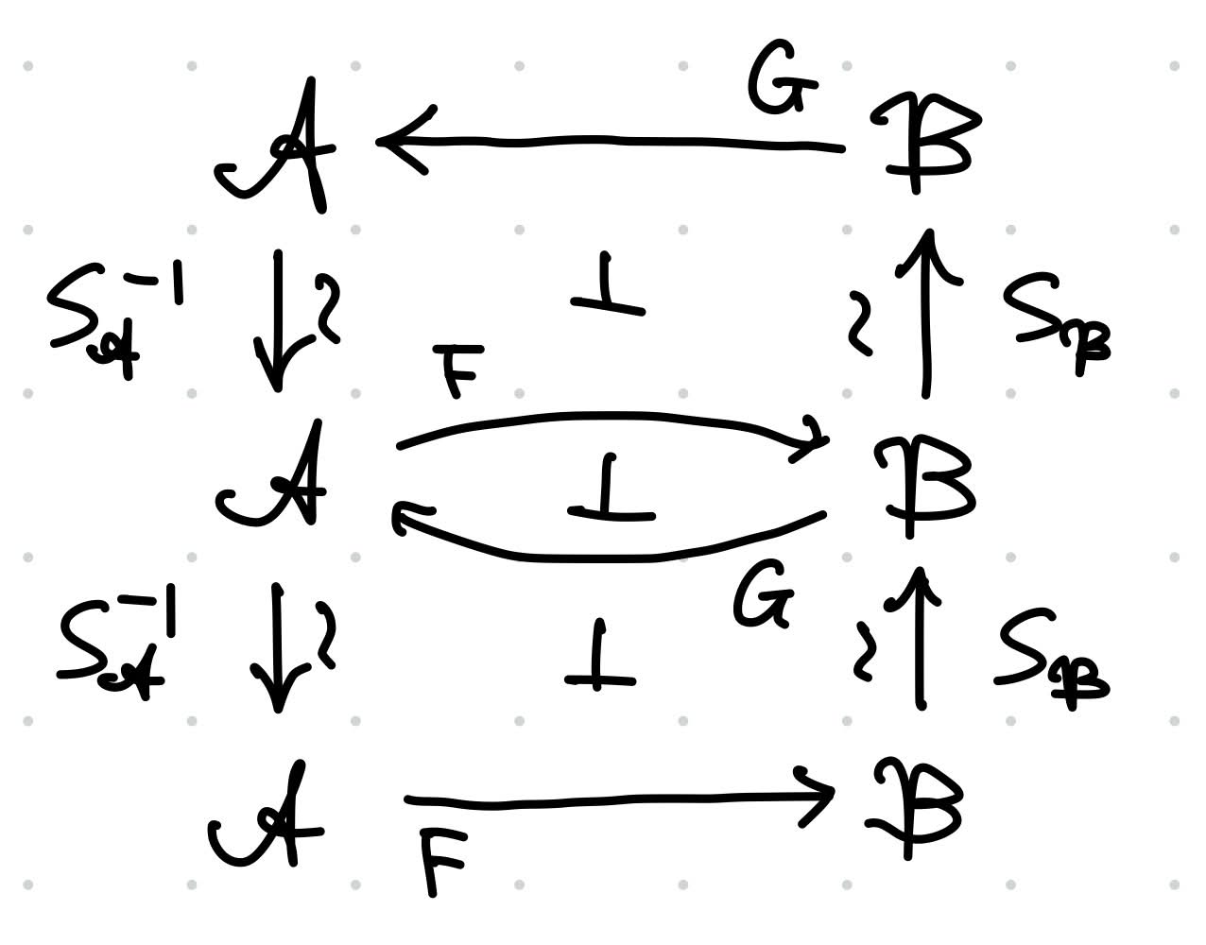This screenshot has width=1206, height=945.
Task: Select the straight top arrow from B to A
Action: click(610, 142)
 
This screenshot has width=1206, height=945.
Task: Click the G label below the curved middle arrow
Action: click(763, 593)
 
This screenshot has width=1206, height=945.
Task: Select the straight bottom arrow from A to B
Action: click(619, 800)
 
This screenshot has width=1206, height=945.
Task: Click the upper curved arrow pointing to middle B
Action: click(611, 415)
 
